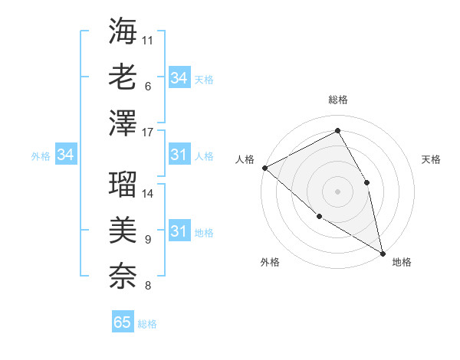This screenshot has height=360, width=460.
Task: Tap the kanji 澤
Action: pos(123,123)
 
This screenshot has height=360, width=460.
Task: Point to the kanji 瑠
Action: pos(123,182)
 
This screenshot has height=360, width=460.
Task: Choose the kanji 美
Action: pos(123,228)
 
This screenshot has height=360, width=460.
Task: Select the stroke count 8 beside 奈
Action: pos(147,286)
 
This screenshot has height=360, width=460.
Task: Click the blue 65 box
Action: pos(123,322)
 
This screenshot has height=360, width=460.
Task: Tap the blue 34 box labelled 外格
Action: pos(66,155)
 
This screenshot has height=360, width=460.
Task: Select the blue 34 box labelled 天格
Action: pos(179,78)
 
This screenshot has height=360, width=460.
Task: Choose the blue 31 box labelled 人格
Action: pos(179,155)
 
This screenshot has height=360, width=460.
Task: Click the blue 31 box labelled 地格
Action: pos(179,231)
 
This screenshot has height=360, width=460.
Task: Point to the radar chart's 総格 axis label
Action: pos(337,100)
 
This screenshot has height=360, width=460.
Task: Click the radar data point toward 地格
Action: pos(382,252)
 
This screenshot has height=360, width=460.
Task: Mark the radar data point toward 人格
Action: pos(264,168)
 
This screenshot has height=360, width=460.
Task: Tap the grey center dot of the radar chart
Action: pos(337,191)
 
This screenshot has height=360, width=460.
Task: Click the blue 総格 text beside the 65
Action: pos(147,324)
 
